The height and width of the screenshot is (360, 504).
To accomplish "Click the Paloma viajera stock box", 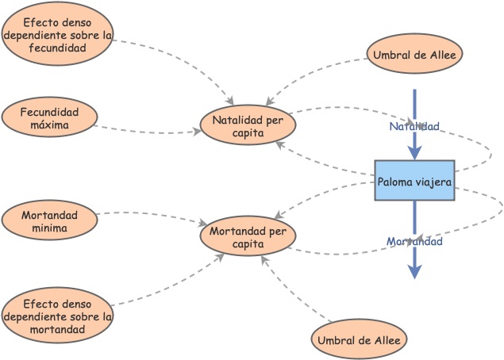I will click(x=414, y=181).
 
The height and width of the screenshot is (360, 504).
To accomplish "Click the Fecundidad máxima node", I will click(x=49, y=118).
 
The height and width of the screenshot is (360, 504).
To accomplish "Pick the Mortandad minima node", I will click(x=49, y=221).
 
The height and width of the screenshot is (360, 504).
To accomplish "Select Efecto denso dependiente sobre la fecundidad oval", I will click(x=57, y=34).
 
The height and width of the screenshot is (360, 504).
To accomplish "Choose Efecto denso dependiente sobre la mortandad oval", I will click(x=57, y=316).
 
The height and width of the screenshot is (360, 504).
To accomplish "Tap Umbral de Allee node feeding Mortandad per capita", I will click(x=359, y=340).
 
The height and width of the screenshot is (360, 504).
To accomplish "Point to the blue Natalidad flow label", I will click(x=414, y=126).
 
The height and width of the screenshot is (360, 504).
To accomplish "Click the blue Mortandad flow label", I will click(x=414, y=241).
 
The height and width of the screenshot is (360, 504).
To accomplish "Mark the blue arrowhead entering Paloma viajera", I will click(x=414, y=152).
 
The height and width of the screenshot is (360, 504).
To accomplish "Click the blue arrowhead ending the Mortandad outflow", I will click(x=414, y=271).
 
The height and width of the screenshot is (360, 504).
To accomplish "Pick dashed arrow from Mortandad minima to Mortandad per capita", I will click(x=151, y=214).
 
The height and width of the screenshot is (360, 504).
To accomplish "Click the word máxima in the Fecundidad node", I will click(x=49, y=125).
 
